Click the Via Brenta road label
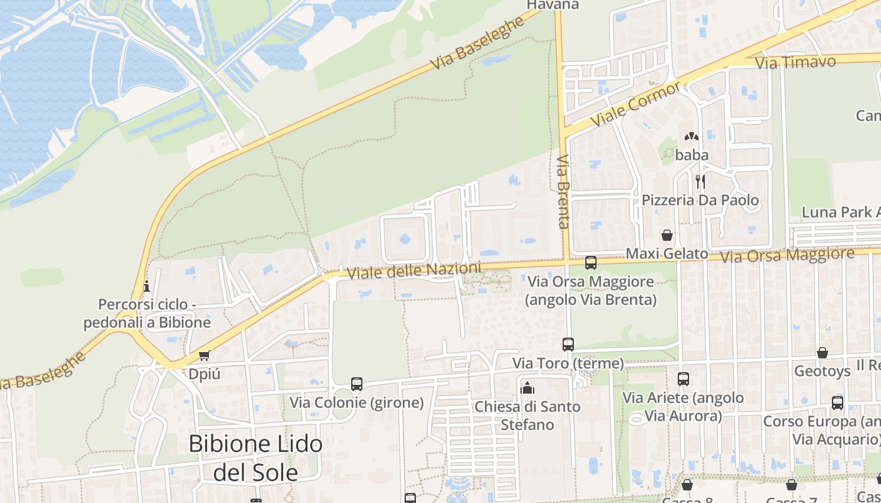coord(563,191)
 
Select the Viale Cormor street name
coord(635,104)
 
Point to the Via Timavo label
coord(795,62)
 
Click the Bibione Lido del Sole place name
coord(255,457)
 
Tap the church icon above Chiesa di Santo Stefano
coord(527,388)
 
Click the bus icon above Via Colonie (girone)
coord(357,384)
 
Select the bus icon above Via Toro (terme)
coord(568,344)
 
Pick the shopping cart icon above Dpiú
coord(204,356)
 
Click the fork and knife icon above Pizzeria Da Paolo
coord(700,182)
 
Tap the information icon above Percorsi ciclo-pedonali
coord(147,286)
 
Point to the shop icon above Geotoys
coord(822,353)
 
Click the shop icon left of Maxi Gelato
coord(667,235)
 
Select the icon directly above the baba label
coord(692,136)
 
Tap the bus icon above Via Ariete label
coord(683,379)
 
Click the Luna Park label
coord(840,213)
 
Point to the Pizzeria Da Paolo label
coord(700,201)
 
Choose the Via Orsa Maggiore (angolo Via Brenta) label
coord(591,290)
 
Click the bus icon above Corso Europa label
coord(838,403)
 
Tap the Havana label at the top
coord(553,5)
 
